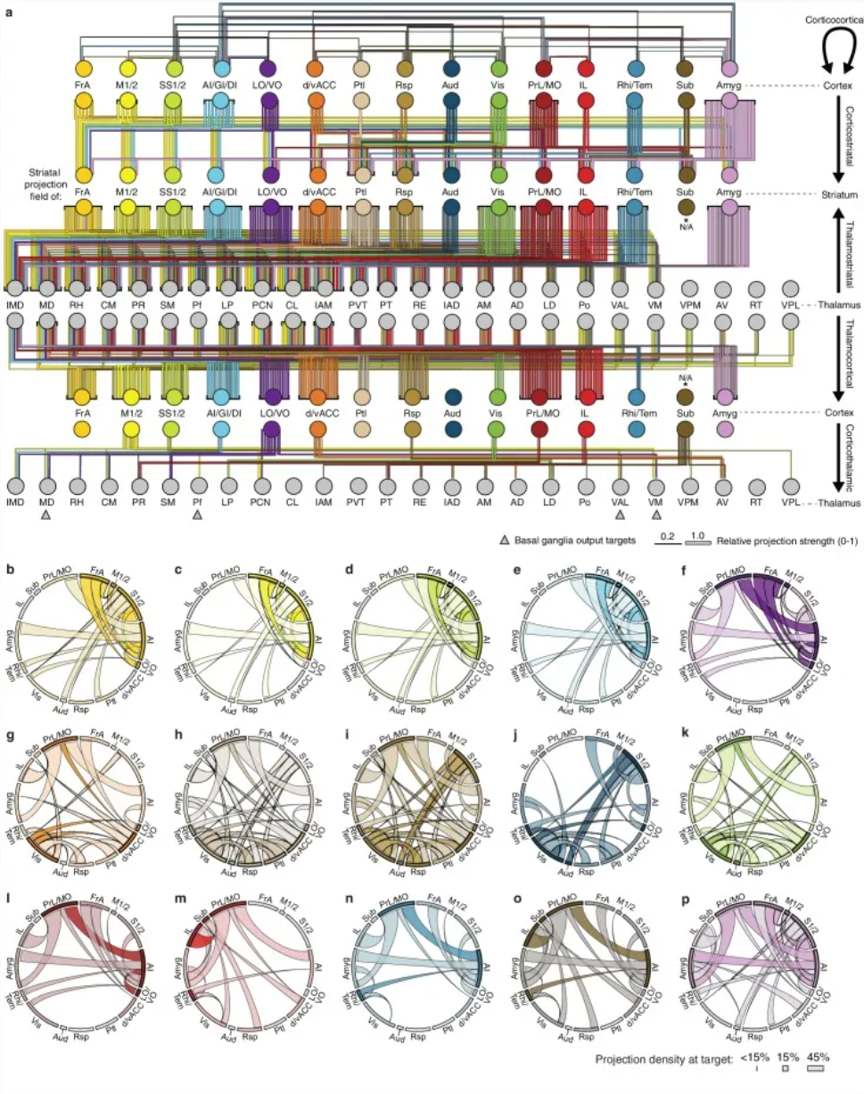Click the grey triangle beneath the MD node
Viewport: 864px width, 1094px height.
coord(46,515)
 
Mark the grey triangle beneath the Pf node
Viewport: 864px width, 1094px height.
coord(198,515)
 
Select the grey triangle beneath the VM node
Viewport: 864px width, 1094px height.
coord(657,515)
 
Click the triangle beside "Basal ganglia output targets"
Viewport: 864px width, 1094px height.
coord(505,540)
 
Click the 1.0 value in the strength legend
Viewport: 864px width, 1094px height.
coord(698,535)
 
